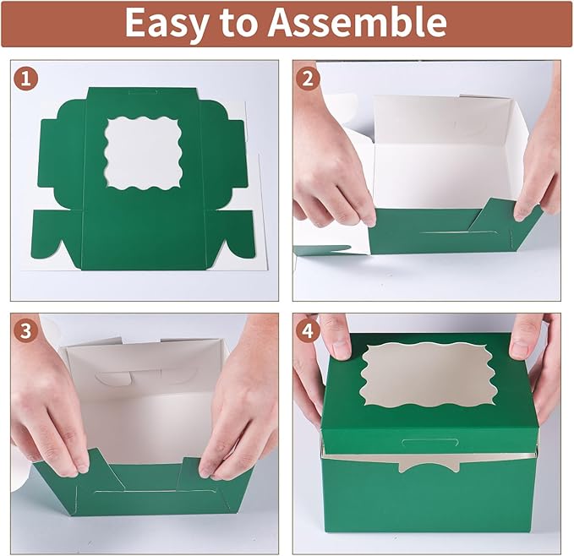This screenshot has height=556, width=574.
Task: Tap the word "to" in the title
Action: tap(247, 25)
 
